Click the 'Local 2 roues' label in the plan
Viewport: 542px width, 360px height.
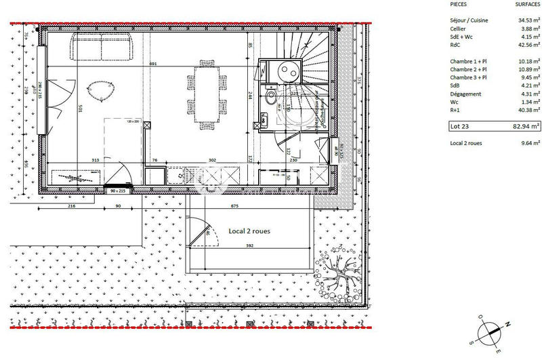click(x=250, y=231)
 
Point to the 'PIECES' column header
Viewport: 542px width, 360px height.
click(x=459, y=4)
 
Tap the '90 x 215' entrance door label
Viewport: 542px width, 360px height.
click(x=118, y=191)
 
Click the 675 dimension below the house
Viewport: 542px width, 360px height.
click(x=234, y=205)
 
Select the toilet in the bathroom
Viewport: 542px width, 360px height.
click(x=271, y=98)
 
